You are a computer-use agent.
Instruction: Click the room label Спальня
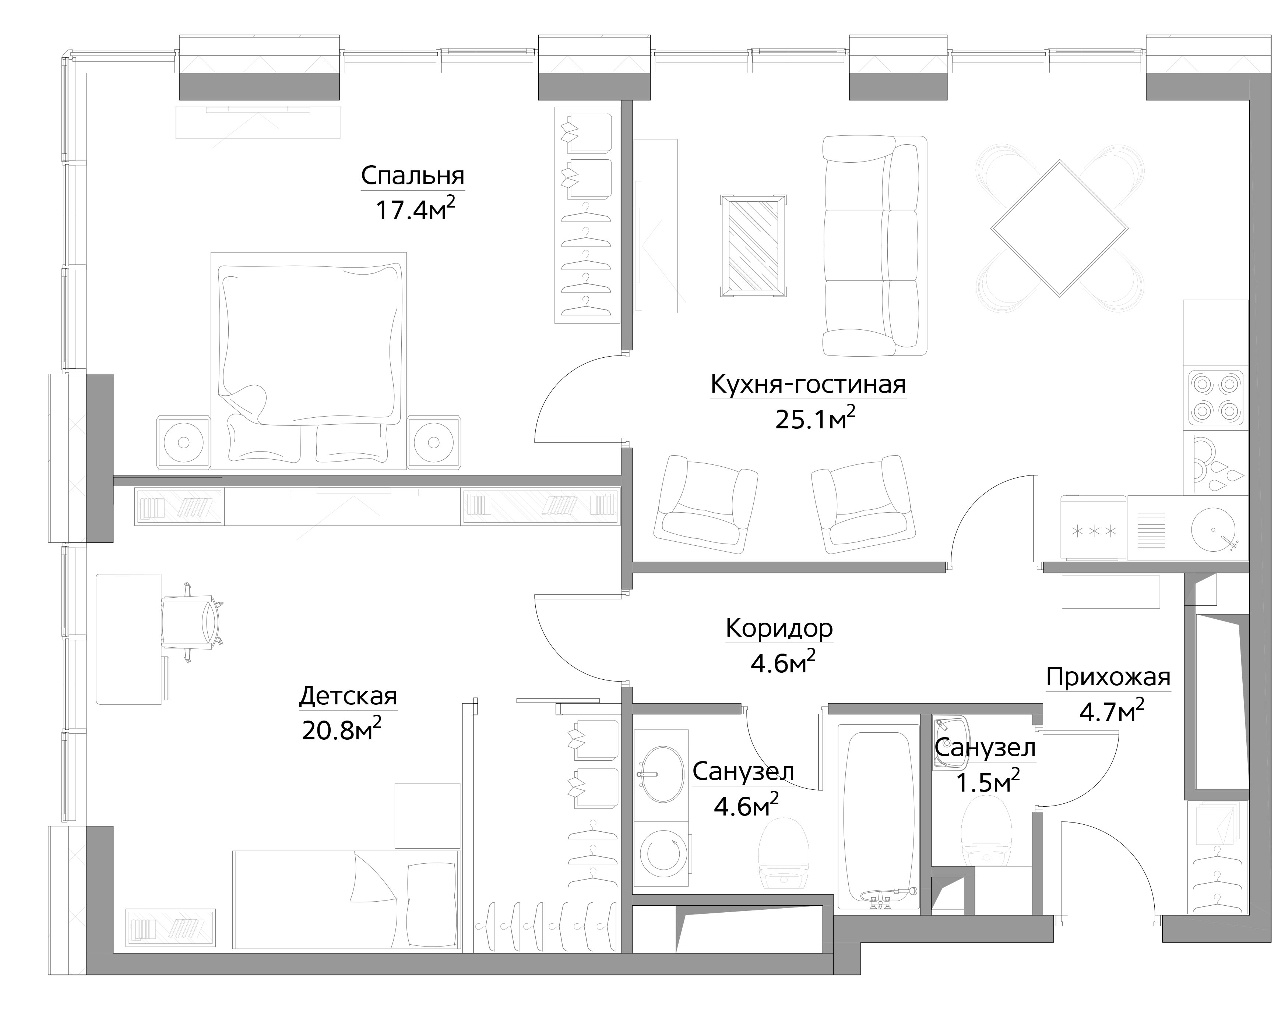pos(412,176)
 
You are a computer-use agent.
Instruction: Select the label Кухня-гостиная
pos(808,385)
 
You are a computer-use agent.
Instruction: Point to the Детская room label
pos(348,696)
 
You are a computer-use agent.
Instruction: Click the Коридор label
pos(779,628)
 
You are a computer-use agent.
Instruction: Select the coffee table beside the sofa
pos(753,245)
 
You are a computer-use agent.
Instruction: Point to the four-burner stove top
pos(1216,398)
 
